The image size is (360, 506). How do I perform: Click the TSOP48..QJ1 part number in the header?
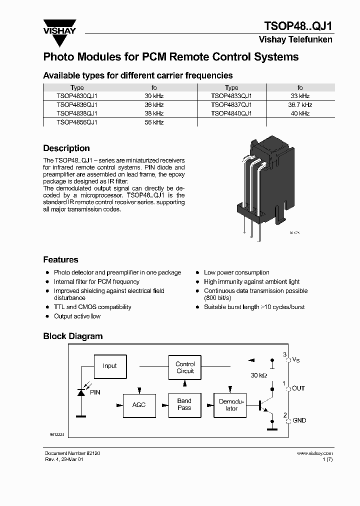pyautogui.click(x=297, y=26)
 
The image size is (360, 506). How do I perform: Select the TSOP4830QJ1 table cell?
pyautogui.click(x=77, y=96)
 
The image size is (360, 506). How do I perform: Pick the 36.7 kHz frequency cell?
pyautogui.click(x=300, y=105)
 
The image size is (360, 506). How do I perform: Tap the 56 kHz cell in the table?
pyautogui.click(x=154, y=122)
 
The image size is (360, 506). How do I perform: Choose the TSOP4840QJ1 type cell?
pyautogui.click(x=231, y=113)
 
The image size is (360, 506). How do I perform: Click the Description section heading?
pyautogui.click(x=66, y=148)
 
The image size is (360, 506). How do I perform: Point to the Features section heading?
pyautogui.click(x=60, y=260)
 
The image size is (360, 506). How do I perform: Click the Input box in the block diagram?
pyautogui.click(x=109, y=366)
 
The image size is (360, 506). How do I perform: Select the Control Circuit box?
pyautogui.click(x=185, y=367)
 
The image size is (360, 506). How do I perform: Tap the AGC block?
pyautogui.click(x=139, y=404)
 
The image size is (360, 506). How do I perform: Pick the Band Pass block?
pyautogui.click(x=184, y=404)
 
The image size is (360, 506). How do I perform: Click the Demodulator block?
pyautogui.click(x=231, y=405)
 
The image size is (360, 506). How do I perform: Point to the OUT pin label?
pyautogui.click(x=298, y=388)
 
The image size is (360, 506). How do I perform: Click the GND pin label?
pyautogui.click(x=299, y=421)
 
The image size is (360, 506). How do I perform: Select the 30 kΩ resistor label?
pyautogui.click(x=259, y=375)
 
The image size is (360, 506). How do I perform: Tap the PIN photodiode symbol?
pyautogui.click(x=80, y=392)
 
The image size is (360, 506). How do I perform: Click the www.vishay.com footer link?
pyautogui.click(x=314, y=453)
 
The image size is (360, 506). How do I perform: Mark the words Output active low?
pyautogui.click(x=77, y=316)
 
